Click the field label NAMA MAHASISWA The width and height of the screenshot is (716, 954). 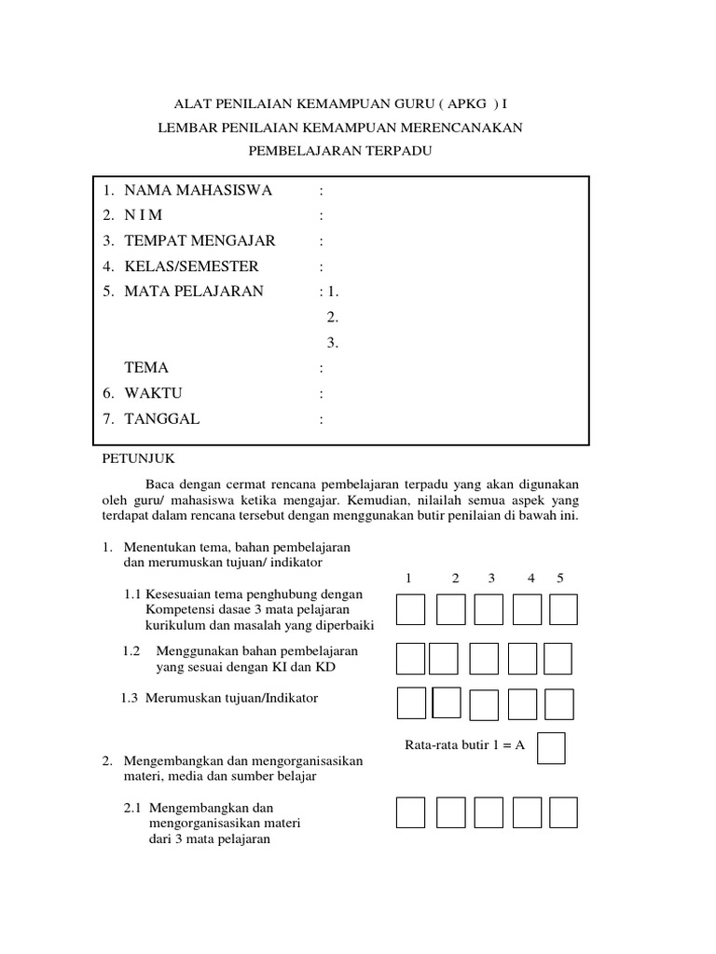coord(198,191)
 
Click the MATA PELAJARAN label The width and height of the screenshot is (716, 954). coord(194,292)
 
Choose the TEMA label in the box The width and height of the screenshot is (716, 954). coord(146,368)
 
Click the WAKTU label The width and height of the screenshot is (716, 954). coord(154,393)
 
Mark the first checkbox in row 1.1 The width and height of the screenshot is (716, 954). coord(410,610)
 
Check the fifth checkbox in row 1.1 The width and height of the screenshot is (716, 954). coord(563,610)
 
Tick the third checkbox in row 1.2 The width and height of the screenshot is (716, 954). coord(484,659)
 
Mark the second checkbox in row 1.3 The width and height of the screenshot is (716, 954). coord(447,702)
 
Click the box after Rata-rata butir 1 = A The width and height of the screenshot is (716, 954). coord(552,748)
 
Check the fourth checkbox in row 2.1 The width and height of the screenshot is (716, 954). coord(527,812)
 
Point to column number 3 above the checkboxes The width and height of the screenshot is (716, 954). coord(491,579)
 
